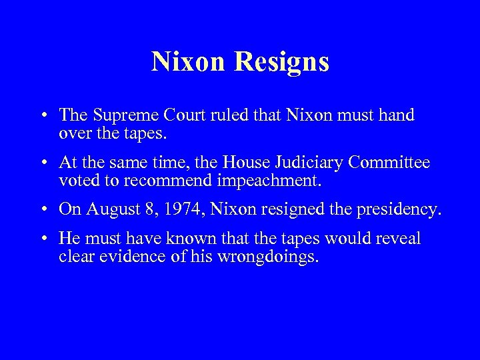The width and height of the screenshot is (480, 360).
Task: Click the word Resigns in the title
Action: point(288,62)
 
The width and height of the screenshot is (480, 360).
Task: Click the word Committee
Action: point(393,162)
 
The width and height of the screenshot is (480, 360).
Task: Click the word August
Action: point(107,210)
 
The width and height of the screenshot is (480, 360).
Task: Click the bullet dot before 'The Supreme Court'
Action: point(43,116)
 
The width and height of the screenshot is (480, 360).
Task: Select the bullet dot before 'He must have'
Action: point(43,239)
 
